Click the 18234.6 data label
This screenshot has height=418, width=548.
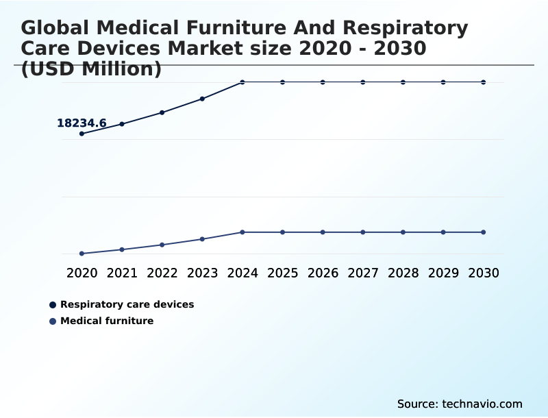point(82,123)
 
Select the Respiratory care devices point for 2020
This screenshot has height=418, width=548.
point(82,134)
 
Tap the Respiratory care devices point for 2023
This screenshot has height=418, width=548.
point(202,99)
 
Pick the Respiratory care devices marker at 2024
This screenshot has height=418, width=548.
point(242,82)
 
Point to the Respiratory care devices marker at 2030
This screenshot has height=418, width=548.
point(484,82)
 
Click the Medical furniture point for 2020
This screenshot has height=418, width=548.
point(82,254)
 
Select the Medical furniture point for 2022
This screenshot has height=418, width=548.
point(162,245)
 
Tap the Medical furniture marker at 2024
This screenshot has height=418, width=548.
point(242,232)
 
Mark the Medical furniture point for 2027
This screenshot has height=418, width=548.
point(363,232)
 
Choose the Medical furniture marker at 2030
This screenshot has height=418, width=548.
point(484,232)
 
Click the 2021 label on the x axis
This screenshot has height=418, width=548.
point(122,273)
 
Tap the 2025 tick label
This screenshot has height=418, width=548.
point(282,273)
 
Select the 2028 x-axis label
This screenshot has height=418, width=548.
point(403,273)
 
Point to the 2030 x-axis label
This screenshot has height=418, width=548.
point(484,273)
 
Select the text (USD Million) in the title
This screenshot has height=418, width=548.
point(91,69)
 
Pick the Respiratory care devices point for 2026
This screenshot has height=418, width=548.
point(323,82)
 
